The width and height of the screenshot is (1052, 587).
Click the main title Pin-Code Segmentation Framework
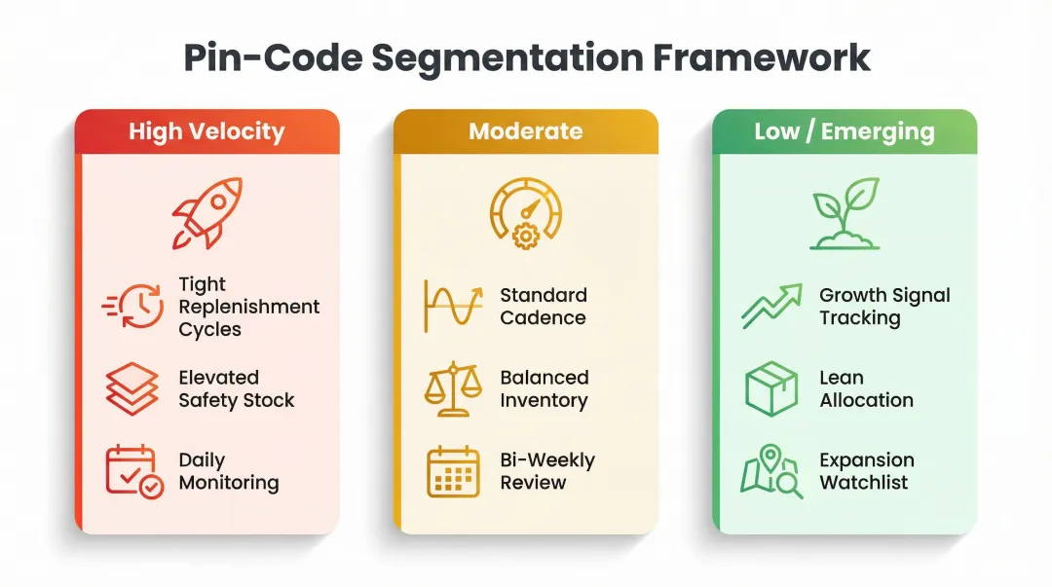tap(526, 57)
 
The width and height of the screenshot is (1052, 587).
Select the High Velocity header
tap(207, 131)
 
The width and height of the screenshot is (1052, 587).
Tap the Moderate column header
tap(525, 131)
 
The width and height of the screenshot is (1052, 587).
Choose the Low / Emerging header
tap(844, 131)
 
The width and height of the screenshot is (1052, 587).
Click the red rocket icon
tap(206, 212)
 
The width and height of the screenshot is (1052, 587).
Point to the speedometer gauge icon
tap(525, 212)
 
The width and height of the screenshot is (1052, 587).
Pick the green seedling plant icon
tap(845, 212)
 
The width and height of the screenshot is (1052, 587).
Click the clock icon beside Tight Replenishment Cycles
tap(133, 306)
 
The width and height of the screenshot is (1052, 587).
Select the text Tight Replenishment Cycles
tap(248, 307)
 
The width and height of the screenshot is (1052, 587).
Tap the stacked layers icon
tap(131, 388)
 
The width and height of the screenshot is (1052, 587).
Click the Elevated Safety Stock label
tap(236, 388)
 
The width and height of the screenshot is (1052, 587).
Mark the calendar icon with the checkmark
tap(133, 471)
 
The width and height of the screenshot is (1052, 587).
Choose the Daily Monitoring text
tap(228, 471)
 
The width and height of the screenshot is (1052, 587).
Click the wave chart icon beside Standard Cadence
tap(453, 306)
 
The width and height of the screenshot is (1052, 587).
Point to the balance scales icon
tap(453, 388)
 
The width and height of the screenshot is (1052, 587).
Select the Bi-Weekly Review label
tap(546, 471)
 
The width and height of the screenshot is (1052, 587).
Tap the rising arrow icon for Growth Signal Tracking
tap(771, 306)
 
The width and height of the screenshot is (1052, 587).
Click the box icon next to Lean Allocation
tap(771, 388)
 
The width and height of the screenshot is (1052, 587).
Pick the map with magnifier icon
tap(771, 471)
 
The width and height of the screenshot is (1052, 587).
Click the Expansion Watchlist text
tap(866, 471)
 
